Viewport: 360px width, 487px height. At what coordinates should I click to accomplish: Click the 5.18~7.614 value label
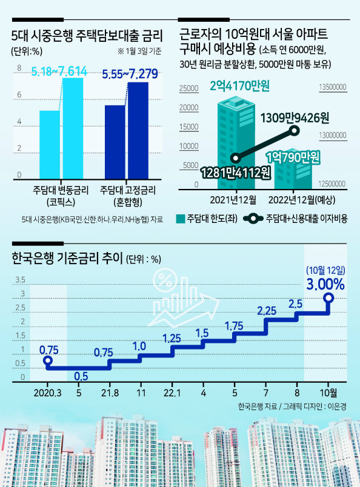click(x=59, y=71)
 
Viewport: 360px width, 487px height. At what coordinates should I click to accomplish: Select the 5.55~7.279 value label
click(x=130, y=75)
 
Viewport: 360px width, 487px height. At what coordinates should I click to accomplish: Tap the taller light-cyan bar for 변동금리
click(x=73, y=128)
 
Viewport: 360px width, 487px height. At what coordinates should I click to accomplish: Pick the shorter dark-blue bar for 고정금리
click(x=115, y=142)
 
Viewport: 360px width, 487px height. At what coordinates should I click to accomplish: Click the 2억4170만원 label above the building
click(x=239, y=86)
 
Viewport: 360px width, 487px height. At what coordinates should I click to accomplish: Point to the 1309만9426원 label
click(x=295, y=118)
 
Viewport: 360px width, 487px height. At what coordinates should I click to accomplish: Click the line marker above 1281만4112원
click(x=236, y=159)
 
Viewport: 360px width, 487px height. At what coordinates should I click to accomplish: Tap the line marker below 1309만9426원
click(x=295, y=131)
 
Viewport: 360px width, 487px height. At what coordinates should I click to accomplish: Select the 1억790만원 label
click(x=293, y=157)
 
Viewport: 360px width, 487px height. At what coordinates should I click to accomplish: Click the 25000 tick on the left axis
click(x=188, y=88)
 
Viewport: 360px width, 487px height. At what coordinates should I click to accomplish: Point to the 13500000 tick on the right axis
click(x=333, y=87)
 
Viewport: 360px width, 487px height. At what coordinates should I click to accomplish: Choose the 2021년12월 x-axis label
click(x=233, y=200)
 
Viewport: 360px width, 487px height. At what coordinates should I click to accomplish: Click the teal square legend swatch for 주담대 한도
click(x=181, y=219)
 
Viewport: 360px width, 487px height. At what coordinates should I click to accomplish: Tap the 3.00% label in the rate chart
click(x=325, y=284)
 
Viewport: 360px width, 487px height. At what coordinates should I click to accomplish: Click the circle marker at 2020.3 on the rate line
click(x=47, y=360)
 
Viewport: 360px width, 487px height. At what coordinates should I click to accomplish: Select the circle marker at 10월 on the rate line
click(x=328, y=299)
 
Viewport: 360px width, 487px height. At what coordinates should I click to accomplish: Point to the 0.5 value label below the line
click(x=81, y=376)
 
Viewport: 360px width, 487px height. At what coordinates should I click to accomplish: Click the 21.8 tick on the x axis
click(x=110, y=393)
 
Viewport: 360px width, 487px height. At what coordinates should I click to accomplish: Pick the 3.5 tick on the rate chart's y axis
click(x=21, y=280)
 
